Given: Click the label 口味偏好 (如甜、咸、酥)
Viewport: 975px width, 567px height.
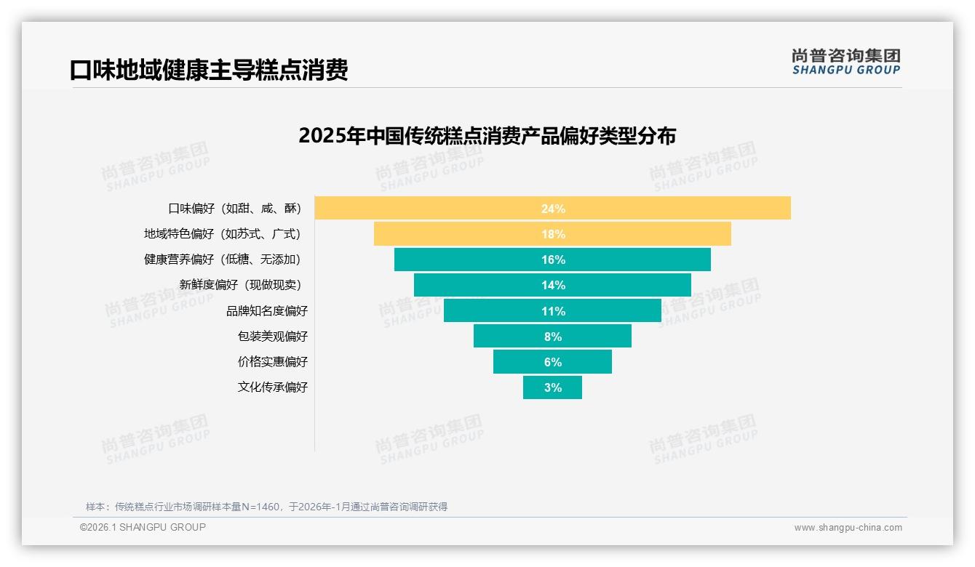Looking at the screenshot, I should pyautogui.click(x=234, y=209).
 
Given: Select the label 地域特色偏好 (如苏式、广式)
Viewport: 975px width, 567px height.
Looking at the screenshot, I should pyautogui.click(x=222, y=234).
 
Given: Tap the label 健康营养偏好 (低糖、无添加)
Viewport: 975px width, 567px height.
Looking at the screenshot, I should pyautogui.click(x=222, y=260).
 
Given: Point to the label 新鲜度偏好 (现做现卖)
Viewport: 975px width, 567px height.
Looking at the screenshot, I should pyautogui.click(x=240, y=285).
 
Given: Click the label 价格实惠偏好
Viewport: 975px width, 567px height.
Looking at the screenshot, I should pyautogui.click(x=273, y=362).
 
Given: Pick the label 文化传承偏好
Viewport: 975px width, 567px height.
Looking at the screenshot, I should pyautogui.click(x=273, y=387).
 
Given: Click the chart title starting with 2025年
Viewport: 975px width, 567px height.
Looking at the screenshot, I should pyautogui.click(x=487, y=136).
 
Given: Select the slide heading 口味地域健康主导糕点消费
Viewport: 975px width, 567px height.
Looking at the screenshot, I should pyautogui.click(x=209, y=70).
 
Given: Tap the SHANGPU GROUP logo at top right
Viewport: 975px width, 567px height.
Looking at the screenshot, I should pyautogui.click(x=845, y=62).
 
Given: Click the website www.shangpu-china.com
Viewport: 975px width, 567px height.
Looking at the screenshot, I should pyautogui.click(x=848, y=528).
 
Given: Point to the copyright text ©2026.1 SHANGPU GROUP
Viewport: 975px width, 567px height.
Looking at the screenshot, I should pyautogui.click(x=143, y=527).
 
